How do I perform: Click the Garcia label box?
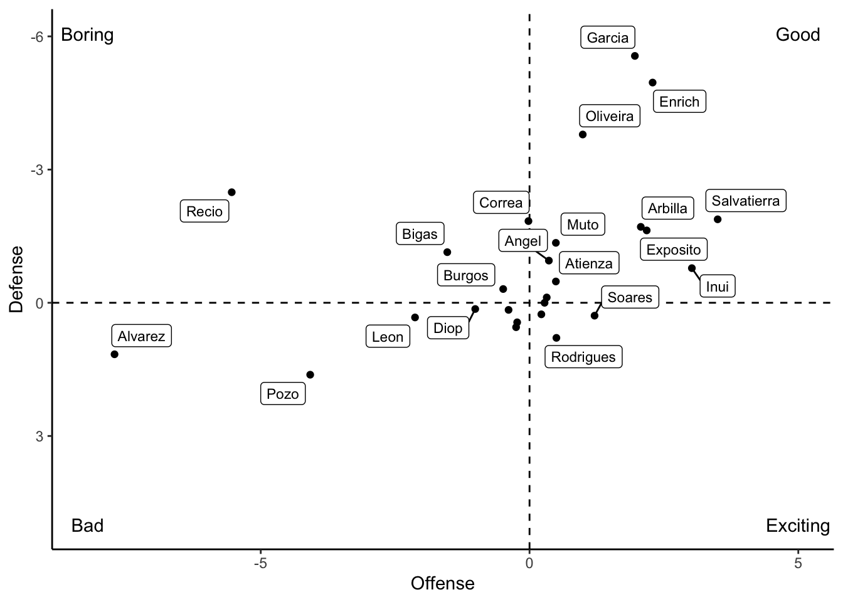(608, 38)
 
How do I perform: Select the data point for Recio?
(231, 192)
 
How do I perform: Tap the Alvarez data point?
(114, 354)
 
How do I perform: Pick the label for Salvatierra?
(745, 201)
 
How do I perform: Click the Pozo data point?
(310, 375)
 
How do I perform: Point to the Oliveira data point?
(583, 134)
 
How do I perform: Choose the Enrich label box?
(679, 102)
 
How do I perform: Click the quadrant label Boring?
(87, 34)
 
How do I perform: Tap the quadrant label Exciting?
(798, 525)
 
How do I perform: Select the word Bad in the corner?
(87, 525)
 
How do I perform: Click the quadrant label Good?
(798, 34)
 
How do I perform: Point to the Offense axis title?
(443, 584)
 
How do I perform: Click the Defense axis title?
(16, 279)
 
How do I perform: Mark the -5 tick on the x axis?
(260, 563)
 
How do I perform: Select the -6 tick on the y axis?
(37, 36)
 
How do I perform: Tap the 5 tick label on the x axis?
(798, 563)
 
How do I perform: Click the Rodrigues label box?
(583, 357)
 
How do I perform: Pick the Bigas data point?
(447, 252)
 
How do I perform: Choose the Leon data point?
(415, 317)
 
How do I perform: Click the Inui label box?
(718, 287)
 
